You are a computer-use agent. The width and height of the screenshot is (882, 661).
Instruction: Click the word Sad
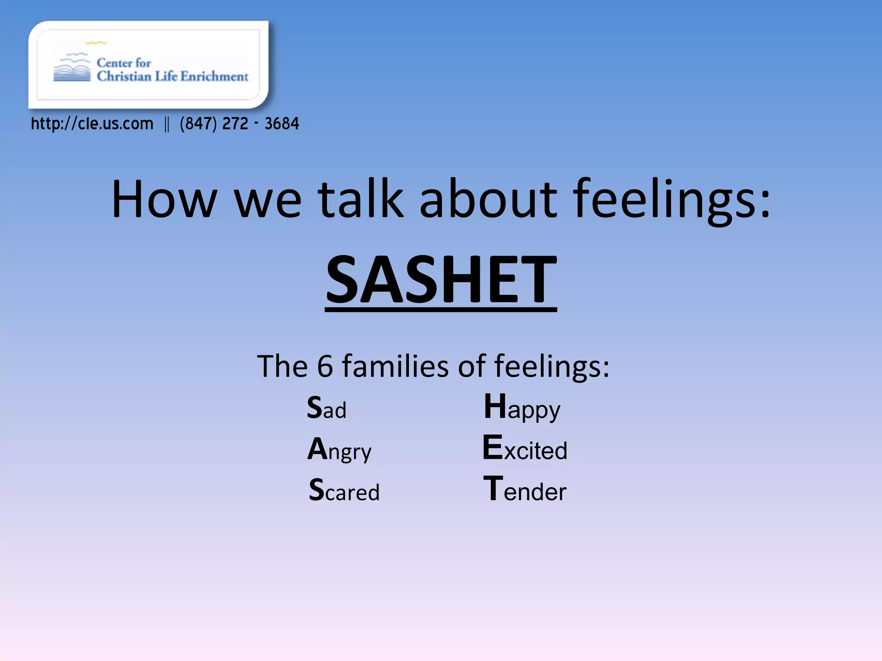[326, 408]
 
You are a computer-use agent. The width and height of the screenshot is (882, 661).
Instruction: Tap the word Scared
[344, 491]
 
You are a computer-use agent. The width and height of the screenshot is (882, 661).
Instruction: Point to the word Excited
[525, 449]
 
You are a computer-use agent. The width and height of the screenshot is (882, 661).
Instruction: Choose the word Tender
[525, 490]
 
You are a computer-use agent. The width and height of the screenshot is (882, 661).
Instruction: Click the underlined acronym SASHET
[441, 280]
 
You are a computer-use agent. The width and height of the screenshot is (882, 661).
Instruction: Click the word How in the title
[164, 200]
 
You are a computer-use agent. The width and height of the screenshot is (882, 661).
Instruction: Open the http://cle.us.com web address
[92, 124]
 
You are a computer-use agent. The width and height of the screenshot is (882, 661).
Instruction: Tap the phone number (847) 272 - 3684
[239, 124]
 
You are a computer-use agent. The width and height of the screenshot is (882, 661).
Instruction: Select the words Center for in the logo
[124, 63]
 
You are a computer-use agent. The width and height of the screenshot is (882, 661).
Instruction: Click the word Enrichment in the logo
[214, 77]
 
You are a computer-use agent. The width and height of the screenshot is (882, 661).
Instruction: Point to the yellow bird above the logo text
[96, 43]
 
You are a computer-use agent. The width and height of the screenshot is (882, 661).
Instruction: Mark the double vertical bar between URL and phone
[167, 125]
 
